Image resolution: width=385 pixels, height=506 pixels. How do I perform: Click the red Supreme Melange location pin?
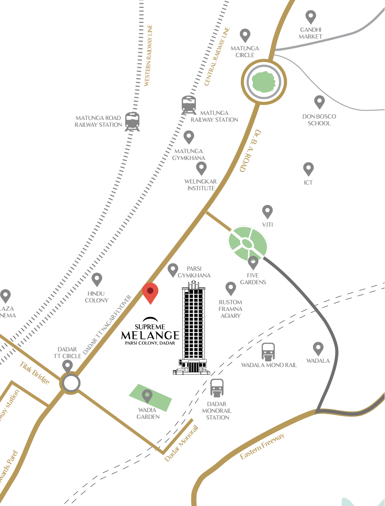tap(150, 292)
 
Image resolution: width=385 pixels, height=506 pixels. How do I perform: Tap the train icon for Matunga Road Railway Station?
tap(132, 121)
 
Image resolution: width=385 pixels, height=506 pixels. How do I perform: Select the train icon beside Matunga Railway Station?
tap(188, 105)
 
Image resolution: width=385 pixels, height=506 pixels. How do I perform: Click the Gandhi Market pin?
tap(311, 16)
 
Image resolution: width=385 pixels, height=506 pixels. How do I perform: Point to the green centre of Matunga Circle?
tap(264, 82)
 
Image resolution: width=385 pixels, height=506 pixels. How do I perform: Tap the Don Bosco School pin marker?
tap(319, 101)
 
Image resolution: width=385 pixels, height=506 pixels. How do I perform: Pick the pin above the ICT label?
tap(308, 168)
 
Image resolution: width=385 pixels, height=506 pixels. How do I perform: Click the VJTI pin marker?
tap(267, 211)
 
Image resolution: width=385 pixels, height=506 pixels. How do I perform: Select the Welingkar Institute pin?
tap(201, 168)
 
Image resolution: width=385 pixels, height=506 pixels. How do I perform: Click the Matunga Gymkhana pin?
tap(189, 137)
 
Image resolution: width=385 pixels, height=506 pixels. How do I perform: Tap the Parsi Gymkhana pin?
tap(173, 270)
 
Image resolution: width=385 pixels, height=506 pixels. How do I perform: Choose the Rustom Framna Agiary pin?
tap(231, 288)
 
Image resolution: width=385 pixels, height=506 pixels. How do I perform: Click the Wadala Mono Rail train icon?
tap(268, 351)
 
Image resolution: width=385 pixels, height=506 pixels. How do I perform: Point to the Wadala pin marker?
tap(318, 348)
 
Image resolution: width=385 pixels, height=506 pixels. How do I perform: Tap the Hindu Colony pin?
tap(97, 279)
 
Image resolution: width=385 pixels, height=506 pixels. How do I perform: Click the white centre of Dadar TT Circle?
tap(71, 383)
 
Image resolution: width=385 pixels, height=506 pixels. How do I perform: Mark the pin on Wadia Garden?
tap(147, 396)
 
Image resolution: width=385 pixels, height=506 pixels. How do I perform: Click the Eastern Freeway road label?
tap(262, 446)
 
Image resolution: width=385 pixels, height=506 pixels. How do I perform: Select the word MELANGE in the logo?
tap(150, 335)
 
